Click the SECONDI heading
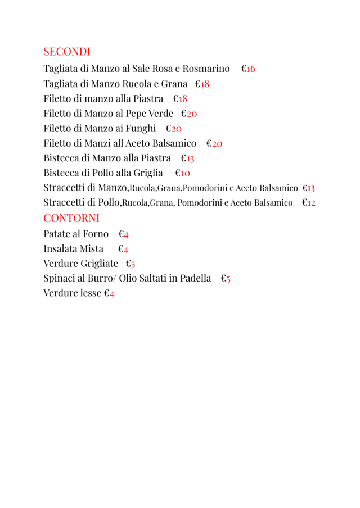click(67, 52)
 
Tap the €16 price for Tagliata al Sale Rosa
click(248, 69)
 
